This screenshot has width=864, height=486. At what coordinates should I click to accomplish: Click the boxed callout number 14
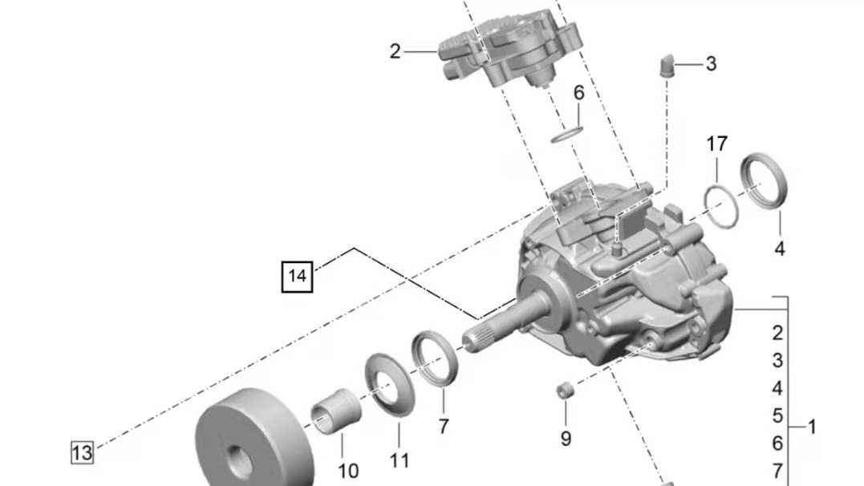click(297, 277)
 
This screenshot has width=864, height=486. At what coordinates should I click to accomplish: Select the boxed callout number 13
click(82, 452)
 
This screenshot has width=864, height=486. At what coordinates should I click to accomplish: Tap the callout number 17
click(716, 144)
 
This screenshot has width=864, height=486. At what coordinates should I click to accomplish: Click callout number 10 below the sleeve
click(347, 470)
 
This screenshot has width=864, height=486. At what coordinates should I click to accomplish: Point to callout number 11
click(399, 460)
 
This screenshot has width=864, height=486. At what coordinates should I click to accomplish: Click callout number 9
click(566, 439)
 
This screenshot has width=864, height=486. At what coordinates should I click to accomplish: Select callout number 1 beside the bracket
click(811, 427)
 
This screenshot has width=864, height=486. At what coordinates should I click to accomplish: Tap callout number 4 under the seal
click(779, 249)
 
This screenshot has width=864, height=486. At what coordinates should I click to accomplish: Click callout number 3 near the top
click(711, 63)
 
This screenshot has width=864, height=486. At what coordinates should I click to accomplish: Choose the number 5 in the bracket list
click(777, 415)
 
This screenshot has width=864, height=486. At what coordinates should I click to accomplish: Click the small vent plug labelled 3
click(666, 63)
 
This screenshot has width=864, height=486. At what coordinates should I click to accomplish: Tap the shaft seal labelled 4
click(763, 181)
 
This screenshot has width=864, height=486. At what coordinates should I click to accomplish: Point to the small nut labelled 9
click(565, 391)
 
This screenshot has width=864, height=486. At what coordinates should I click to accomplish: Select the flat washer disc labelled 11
click(391, 385)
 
